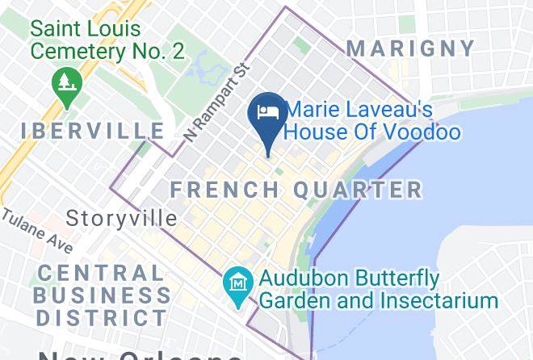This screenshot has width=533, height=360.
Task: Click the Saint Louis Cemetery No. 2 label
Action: point(107,40)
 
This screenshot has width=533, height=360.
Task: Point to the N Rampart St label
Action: point(213,104)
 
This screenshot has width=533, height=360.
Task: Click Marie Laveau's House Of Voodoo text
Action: point(373,120)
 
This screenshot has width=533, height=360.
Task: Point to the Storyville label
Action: point(121,218)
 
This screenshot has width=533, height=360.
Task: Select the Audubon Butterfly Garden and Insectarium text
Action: point(378,290)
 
